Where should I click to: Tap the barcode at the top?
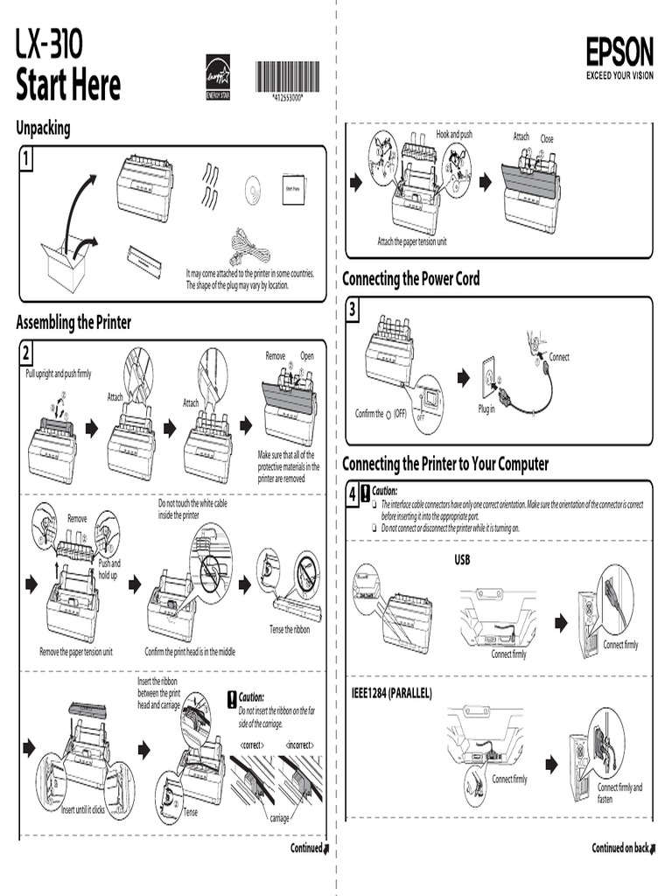tap(287, 77)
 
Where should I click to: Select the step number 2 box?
tap(26, 353)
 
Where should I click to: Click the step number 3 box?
tap(352, 311)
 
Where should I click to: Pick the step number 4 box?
tap(353, 495)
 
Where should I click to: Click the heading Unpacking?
tap(43, 129)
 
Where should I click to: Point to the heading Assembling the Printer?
tap(73, 322)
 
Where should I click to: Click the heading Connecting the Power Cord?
tap(410, 279)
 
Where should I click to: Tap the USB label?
tap(462, 559)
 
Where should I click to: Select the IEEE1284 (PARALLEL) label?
tap(391, 692)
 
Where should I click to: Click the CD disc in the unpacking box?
tap(254, 188)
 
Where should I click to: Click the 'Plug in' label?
tap(486, 409)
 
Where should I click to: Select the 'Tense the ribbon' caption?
tap(289, 629)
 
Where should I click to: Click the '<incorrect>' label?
tap(299, 745)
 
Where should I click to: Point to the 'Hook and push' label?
tap(454, 135)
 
